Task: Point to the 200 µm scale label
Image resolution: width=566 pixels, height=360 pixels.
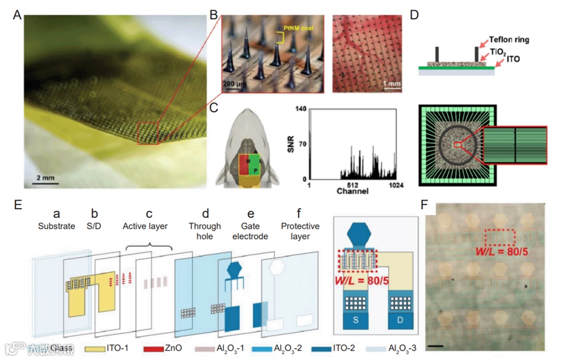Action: (238, 83)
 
